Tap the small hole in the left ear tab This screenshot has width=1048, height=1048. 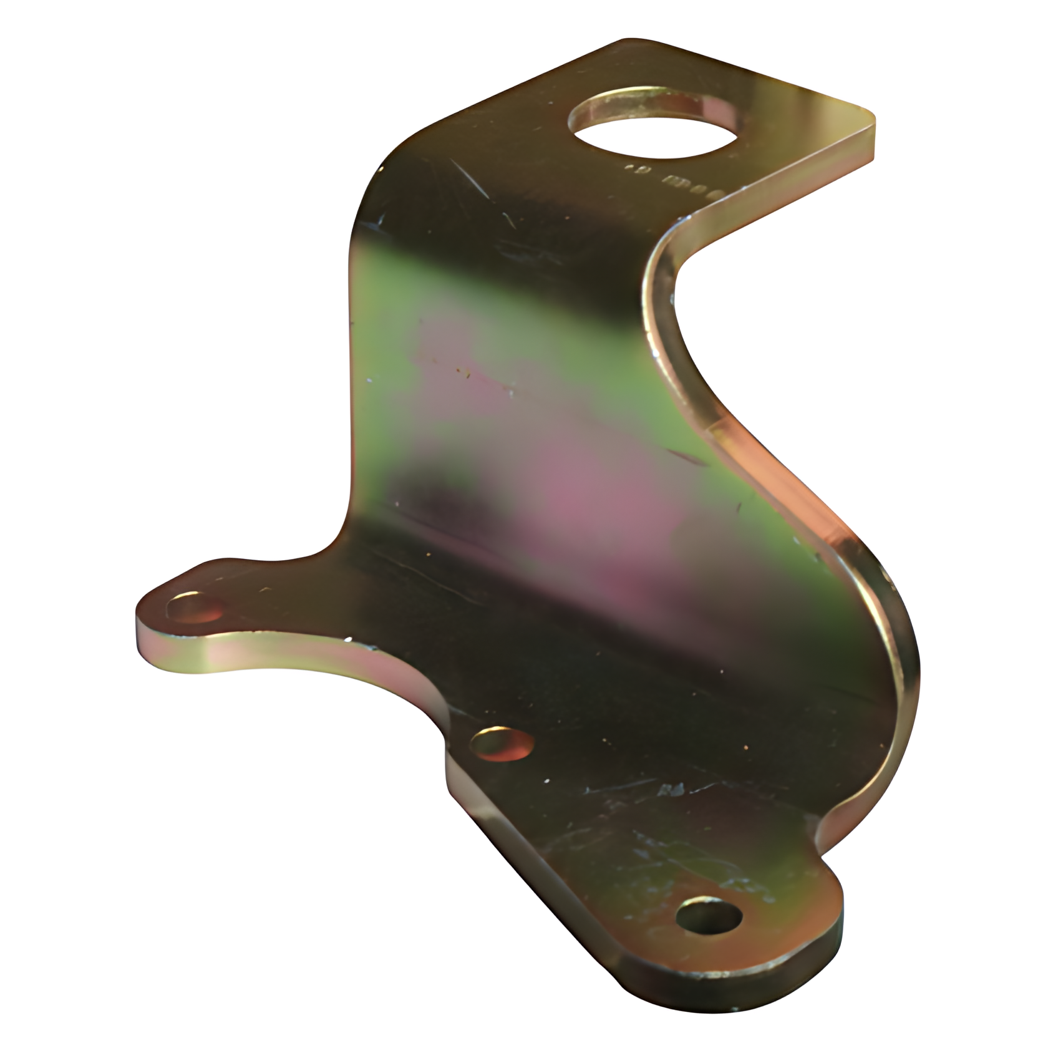click(x=195, y=606)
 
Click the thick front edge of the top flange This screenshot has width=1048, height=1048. click(x=780, y=181)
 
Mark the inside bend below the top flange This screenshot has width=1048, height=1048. click(x=667, y=262)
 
